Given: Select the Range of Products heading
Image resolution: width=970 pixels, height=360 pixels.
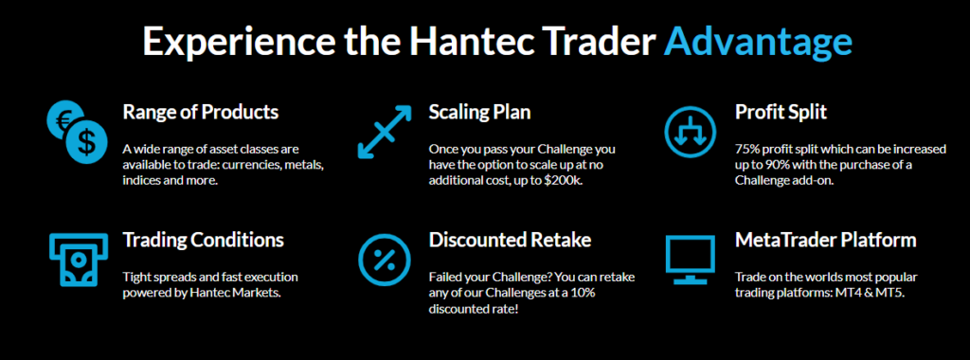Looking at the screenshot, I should [201, 112].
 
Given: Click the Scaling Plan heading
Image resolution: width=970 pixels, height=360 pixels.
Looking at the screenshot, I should [479, 112].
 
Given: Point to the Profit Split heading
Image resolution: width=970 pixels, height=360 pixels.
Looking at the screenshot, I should [781, 112].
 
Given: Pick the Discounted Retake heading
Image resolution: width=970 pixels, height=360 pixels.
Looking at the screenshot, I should [510, 240].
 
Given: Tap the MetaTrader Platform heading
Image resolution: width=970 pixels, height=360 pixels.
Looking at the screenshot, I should [825, 240].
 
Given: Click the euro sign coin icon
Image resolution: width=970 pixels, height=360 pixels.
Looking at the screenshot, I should [63, 120].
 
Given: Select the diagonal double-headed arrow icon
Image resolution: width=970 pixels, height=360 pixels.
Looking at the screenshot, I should [385, 132].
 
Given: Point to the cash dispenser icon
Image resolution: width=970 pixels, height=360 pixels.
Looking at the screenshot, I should [74, 258].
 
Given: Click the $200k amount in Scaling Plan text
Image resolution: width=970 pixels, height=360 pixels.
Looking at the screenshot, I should [562, 180].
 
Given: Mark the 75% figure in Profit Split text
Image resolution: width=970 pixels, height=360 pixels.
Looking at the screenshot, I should [748, 149].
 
